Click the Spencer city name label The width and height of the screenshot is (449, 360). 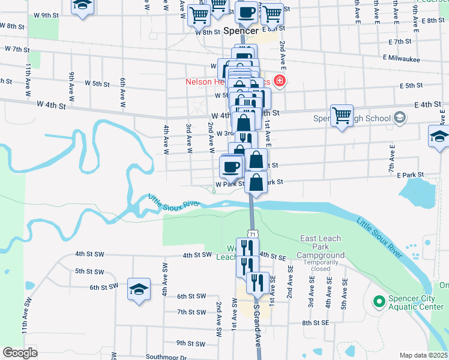240,30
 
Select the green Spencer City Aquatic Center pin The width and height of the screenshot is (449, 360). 379,301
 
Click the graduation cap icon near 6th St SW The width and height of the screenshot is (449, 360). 139,290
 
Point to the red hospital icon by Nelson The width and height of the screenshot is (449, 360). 279,80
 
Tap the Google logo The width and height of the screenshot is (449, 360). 20,352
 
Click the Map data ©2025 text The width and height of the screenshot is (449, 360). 423,355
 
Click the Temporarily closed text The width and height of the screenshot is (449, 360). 324,266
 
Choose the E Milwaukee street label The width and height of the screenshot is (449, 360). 402,59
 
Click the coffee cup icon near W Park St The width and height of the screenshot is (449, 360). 231,167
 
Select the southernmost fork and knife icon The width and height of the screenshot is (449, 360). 258,282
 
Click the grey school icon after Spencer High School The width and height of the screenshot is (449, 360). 399,118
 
